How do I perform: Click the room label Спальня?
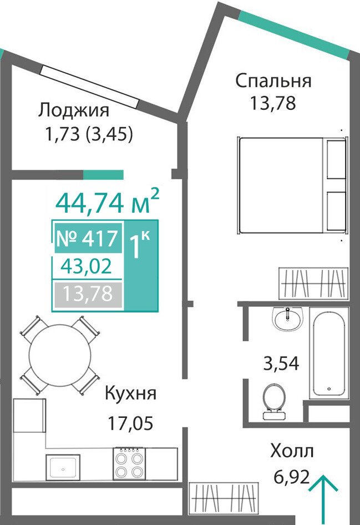(x=273, y=80)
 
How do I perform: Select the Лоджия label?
(x=74, y=110)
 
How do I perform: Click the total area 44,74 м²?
(x=107, y=201)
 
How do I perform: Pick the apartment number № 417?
(x=88, y=239)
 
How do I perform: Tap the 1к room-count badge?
(x=140, y=246)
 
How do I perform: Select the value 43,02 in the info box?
(x=87, y=266)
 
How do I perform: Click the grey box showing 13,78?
(x=88, y=295)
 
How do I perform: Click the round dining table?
(x=60, y=355)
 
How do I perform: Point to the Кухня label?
(x=130, y=394)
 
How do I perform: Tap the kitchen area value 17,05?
(x=130, y=423)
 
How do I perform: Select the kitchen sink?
(x=63, y=468)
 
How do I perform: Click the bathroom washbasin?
(x=288, y=319)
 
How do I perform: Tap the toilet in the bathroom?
(x=273, y=402)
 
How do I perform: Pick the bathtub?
(x=329, y=353)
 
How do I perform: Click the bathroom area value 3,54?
(x=281, y=364)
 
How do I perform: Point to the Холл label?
(x=292, y=451)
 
